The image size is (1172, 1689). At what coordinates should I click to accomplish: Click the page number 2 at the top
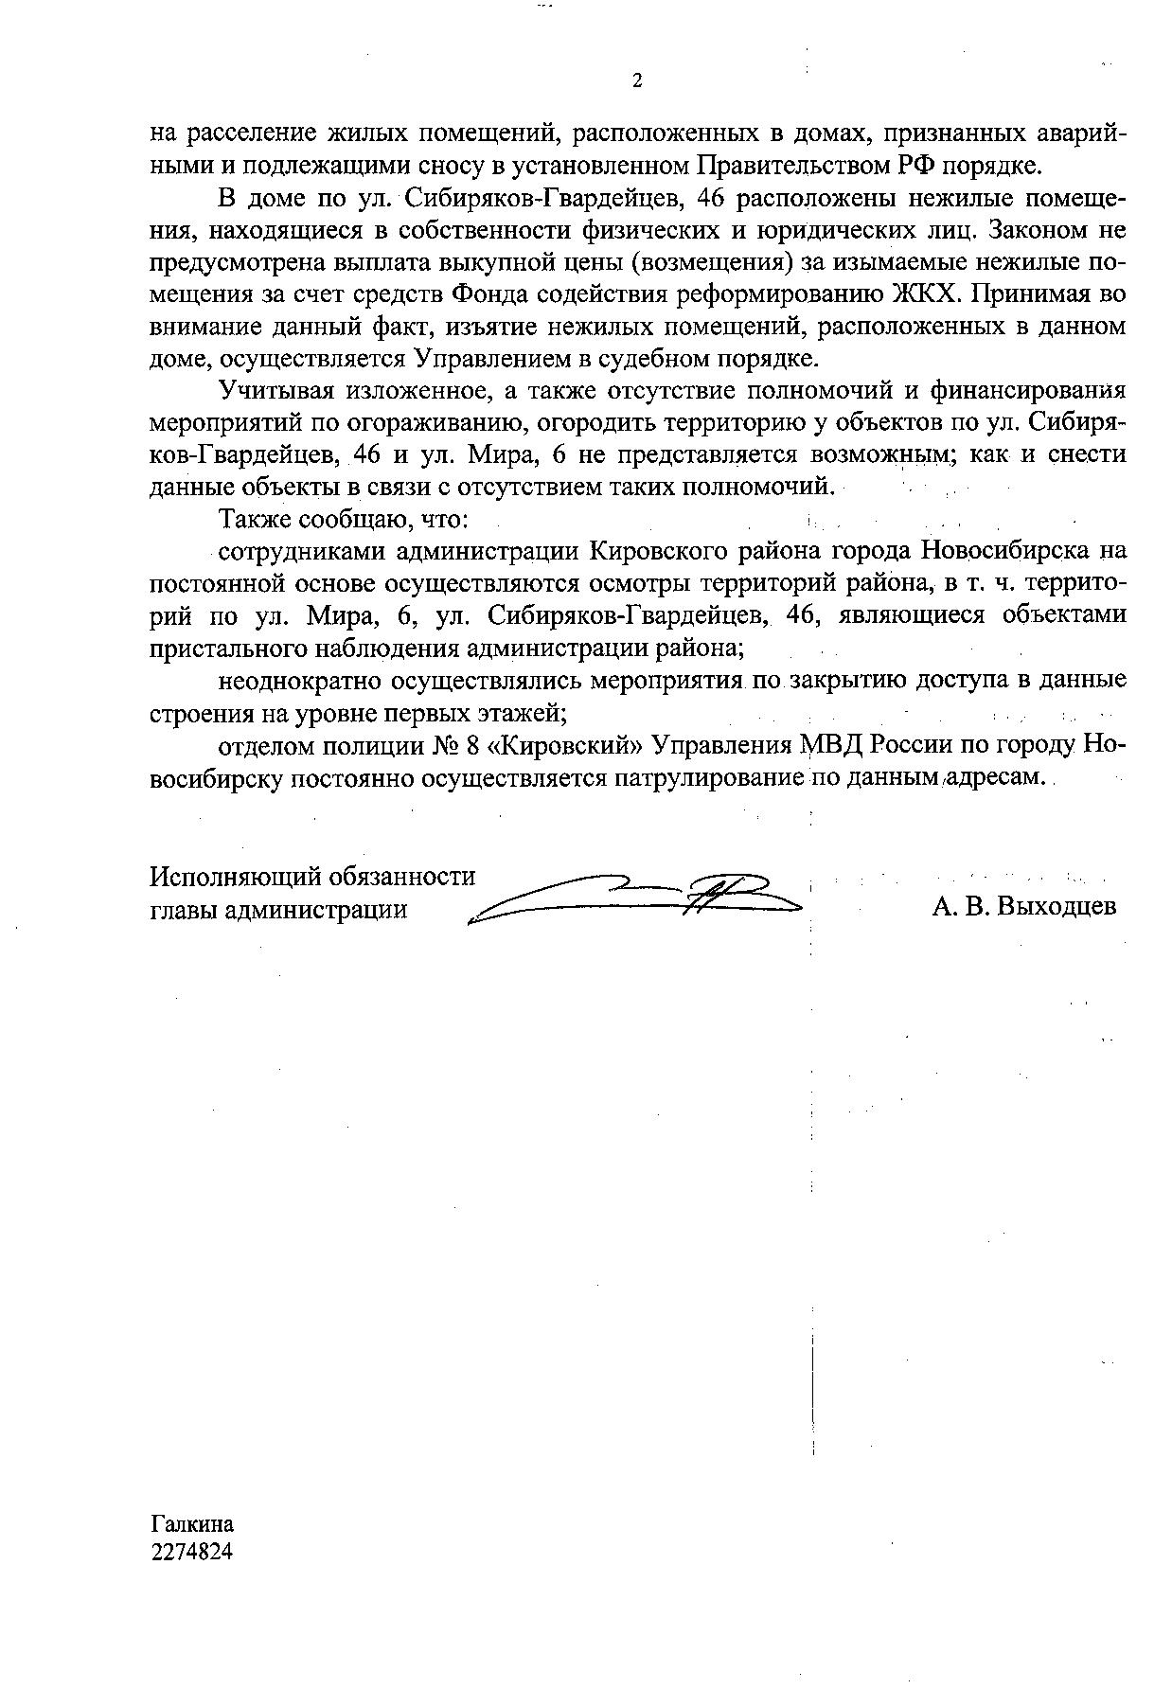click(x=636, y=81)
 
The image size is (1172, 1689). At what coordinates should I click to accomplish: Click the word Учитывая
click(x=275, y=390)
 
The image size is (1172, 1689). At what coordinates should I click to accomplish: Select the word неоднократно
click(x=299, y=680)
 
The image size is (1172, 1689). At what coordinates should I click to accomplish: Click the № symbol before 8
click(x=445, y=745)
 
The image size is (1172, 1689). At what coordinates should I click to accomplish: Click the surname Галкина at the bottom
click(x=192, y=1523)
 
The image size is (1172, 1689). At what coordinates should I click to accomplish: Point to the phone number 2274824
click(x=192, y=1552)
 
